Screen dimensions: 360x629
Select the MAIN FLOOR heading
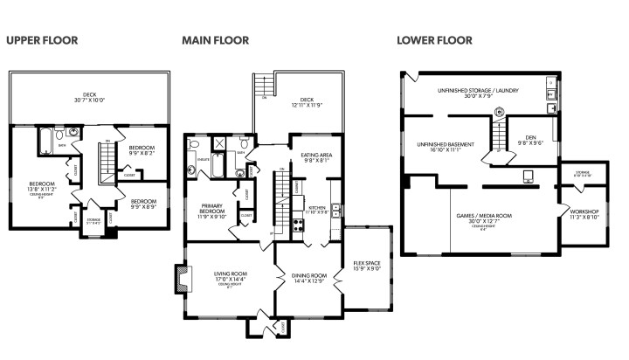[215, 40]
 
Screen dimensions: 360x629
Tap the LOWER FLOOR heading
[434, 40]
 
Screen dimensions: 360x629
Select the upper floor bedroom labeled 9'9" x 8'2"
[142, 151]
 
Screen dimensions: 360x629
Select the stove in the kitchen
[299, 224]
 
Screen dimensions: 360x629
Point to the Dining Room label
[308, 278]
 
